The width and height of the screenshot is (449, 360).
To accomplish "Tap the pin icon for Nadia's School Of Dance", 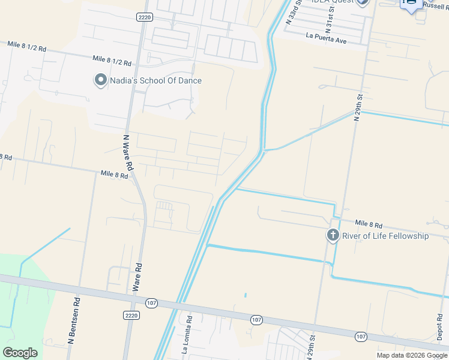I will click(100, 80).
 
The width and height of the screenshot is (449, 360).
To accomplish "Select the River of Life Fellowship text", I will click(385, 236).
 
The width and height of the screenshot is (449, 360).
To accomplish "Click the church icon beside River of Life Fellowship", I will click(333, 236).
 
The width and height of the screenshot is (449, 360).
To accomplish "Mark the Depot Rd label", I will click(440, 327).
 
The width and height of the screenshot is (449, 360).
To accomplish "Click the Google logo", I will click(20, 352).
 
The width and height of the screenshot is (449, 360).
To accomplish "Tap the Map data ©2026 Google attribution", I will click(412, 355).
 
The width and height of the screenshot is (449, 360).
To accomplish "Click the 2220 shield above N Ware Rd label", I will click(144, 17).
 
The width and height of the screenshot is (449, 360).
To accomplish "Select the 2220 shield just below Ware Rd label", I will click(131, 314).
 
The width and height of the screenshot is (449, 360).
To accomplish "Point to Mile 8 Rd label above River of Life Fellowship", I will click(369, 223).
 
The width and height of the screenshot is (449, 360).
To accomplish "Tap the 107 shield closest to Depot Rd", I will click(361, 337).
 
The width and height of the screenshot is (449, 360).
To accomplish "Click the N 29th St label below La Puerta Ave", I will click(359, 107).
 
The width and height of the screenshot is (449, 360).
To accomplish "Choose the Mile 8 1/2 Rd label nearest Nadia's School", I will click(112, 61).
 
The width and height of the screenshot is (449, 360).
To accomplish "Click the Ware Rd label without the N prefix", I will click(137, 277).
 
